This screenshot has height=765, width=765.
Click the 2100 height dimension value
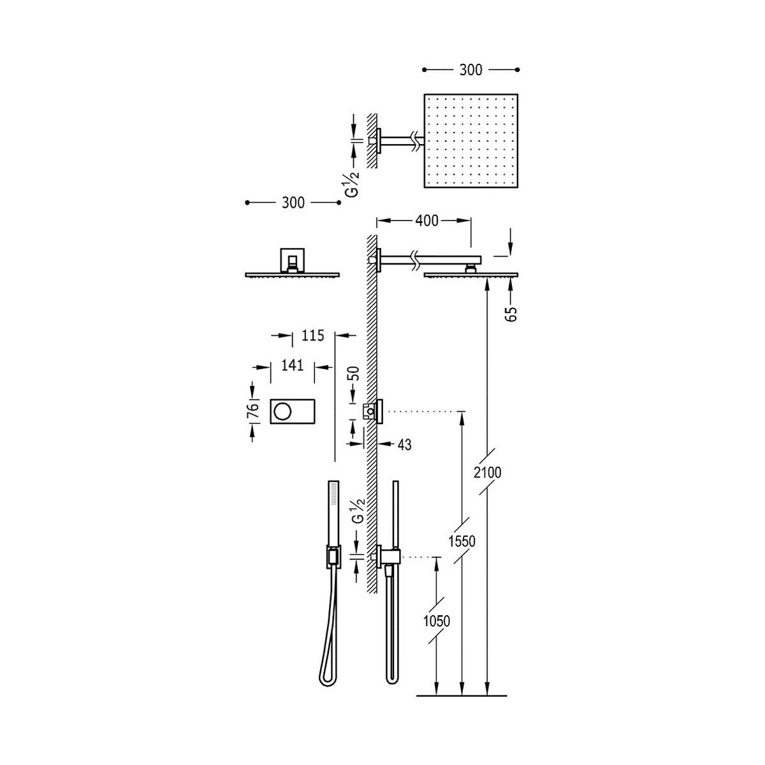point(488,472)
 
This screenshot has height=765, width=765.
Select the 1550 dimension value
point(462,541)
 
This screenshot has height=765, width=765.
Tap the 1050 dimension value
point(437,622)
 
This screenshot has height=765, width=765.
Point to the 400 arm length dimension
point(426,221)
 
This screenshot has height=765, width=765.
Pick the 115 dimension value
point(313,335)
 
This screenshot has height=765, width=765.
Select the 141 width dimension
point(293,365)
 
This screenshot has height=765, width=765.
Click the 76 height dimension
point(253,410)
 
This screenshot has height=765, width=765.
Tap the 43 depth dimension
point(405,444)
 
